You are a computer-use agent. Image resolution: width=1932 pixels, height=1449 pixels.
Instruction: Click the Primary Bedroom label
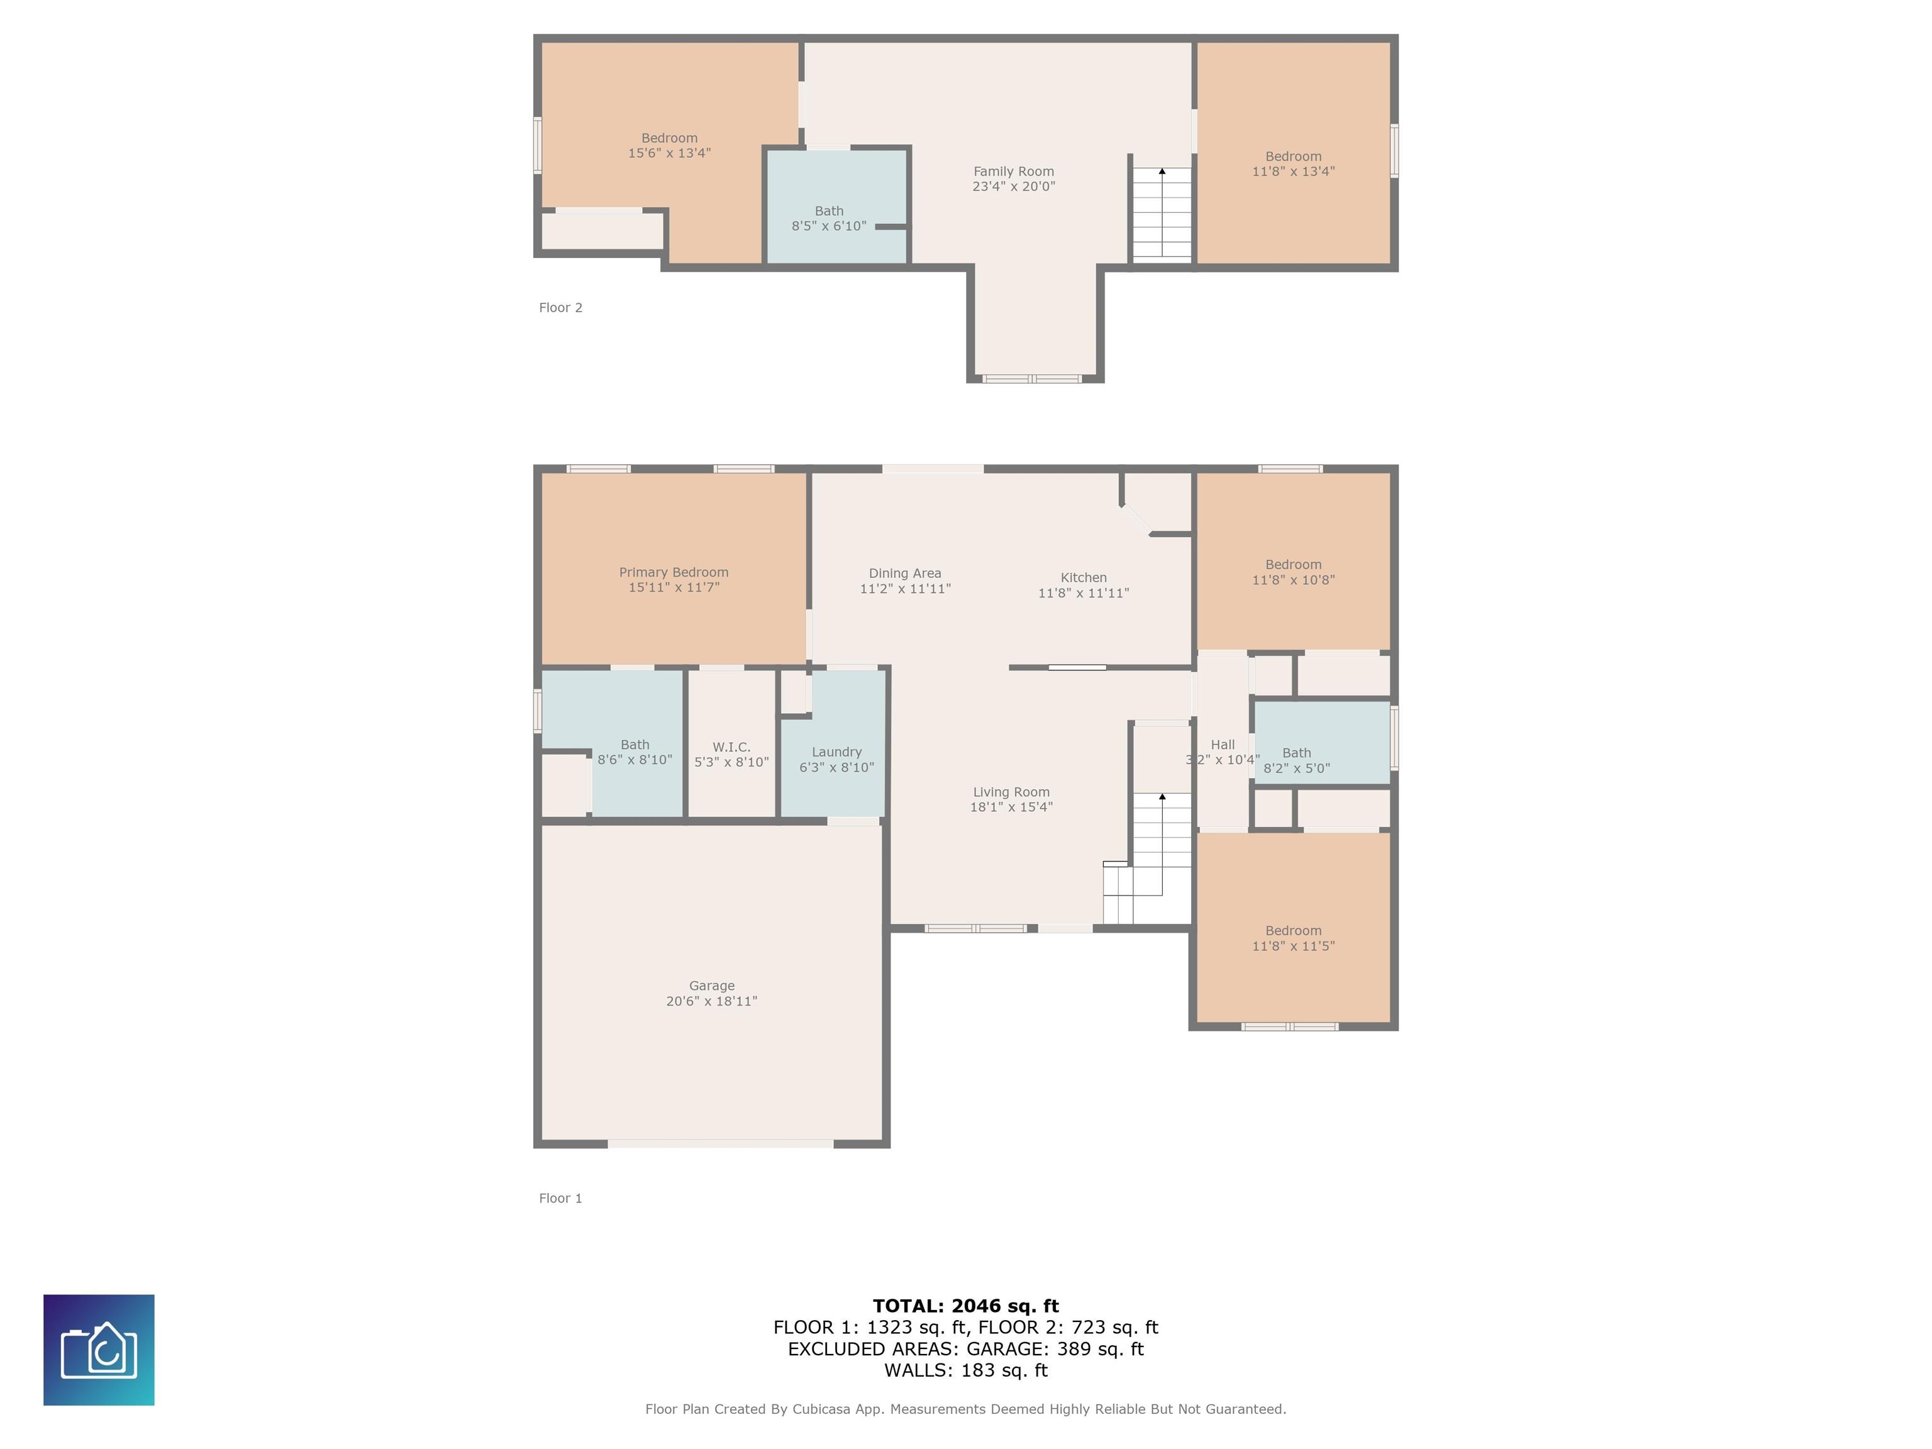(x=674, y=572)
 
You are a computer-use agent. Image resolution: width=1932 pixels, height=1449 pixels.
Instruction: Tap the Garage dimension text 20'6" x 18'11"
(x=712, y=1001)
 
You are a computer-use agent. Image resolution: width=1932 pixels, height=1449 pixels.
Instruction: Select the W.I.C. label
(x=731, y=747)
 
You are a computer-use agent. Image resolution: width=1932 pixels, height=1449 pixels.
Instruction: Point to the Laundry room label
(x=836, y=752)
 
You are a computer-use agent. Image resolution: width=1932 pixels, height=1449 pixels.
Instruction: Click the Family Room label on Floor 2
(x=1014, y=171)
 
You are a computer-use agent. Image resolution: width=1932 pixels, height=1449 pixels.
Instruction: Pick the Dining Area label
(x=905, y=573)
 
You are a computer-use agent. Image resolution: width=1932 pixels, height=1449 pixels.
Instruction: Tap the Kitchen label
(x=1084, y=577)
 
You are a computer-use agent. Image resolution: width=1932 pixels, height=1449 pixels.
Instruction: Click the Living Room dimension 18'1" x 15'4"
(x=1011, y=807)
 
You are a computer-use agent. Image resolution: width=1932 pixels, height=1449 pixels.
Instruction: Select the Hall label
(x=1223, y=744)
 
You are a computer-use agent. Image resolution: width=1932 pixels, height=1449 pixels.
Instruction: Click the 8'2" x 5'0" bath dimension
(x=1297, y=769)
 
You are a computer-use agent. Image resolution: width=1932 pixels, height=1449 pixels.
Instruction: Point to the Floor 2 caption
(x=561, y=308)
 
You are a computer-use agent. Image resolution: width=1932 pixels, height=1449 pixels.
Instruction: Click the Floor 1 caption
(x=561, y=1198)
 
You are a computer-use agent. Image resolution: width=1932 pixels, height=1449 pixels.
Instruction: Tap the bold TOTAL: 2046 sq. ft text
(x=966, y=1306)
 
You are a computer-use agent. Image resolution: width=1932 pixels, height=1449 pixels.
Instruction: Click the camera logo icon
(x=99, y=1350)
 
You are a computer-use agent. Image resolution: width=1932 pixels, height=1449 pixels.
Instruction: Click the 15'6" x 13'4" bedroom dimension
(x=670, y=153)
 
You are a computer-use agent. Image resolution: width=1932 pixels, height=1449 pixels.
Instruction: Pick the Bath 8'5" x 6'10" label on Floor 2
(x=829, y=218)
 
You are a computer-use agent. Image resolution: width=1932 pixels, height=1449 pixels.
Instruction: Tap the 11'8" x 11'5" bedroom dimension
(x=1294, y=946)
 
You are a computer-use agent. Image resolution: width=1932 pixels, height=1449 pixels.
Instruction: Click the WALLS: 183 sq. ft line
(x=966, y=1370)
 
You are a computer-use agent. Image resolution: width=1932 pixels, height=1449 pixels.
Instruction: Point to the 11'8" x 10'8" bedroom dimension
(x=1294, y=580)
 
